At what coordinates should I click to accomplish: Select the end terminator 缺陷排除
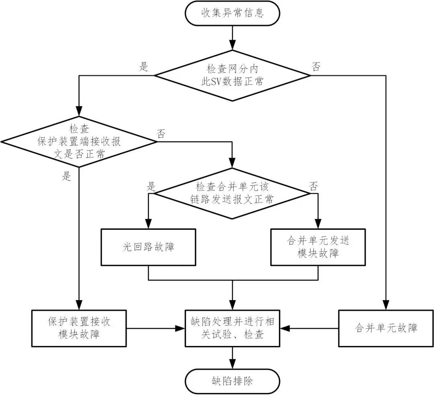[x=232, y=381]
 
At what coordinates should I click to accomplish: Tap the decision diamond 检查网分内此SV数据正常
[x=232, y=75]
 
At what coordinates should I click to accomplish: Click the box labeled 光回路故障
[x=148, y=247]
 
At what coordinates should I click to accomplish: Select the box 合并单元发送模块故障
[x=318, y=247]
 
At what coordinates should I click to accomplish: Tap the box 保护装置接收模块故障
[x=79, y=328]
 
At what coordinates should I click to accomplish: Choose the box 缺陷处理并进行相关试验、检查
[x=232, y=328]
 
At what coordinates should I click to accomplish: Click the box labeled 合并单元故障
[x=386, y=328]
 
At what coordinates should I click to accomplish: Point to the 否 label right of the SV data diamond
[x=316, y=67]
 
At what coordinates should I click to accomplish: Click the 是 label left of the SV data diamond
[x=143, y=67]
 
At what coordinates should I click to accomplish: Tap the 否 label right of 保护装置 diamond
[x=161, y=134]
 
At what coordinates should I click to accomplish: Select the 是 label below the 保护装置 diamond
[x=67, y=176]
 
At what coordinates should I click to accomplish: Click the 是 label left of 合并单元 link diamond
[x=151, y=186]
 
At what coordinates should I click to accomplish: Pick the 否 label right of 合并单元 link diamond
[x=313, y=186]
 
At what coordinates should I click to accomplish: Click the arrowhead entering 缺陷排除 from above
[x=232, y=365]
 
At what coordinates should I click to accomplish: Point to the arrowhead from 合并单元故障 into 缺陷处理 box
[x=285, y=328]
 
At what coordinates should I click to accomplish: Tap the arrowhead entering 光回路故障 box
[x=148, y=225]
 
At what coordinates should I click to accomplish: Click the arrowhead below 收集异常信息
[x=232, y=45]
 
